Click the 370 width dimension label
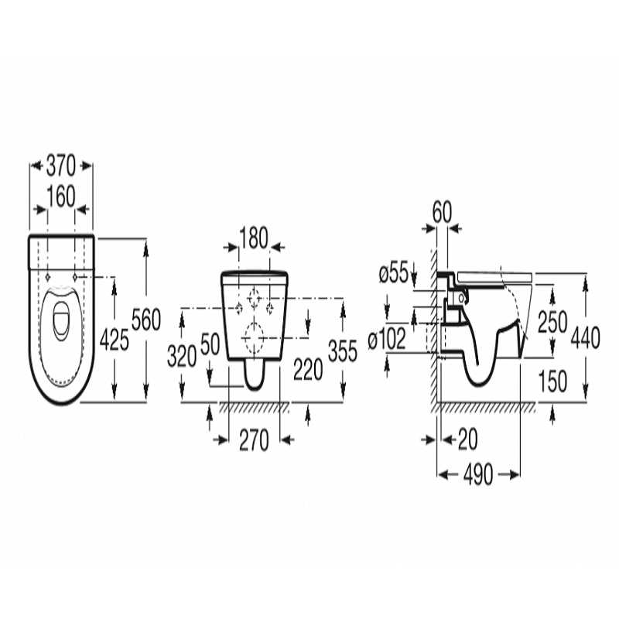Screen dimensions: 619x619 click(60, 166)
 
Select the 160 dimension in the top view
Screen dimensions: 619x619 click(61, 197)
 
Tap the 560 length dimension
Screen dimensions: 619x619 click(146, 320)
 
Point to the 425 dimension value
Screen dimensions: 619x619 click(114, 340)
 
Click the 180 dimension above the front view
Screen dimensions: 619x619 click(254, 238)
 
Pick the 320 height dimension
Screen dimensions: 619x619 click(182, 356)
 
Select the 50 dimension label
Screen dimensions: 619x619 click(210, 344)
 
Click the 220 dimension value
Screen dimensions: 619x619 click(308, 370)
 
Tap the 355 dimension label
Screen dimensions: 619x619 click(343, 351)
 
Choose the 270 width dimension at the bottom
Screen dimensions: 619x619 click(254, 440)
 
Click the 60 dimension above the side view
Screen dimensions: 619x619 click(442, 213)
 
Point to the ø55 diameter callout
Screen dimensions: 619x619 click(393, 273)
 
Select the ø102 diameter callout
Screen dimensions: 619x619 click(387, 339)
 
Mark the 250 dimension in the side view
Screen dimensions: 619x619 click(552, 322)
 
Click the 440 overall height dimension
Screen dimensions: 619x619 click(586, 337)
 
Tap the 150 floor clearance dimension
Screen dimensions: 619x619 click(552, 381)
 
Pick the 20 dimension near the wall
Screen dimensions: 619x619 click(468, 439)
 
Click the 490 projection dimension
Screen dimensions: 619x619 click(478, 474)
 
